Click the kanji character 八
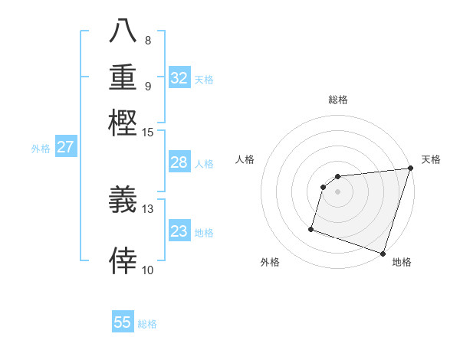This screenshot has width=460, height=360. click(x=123, y=31)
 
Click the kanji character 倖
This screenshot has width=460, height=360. click(x=123, y=261)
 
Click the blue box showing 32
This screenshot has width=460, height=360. click(x=179, y=78)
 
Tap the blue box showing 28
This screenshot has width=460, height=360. click(x=179, y=162)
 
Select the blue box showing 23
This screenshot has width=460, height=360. click(x=179, y=231)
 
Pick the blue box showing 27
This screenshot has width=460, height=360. click(x=65, y=147)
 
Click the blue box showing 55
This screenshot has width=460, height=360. click(x=123, y=322)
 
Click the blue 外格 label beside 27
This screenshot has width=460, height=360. click(x=41, y=149)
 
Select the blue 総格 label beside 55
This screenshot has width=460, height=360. click(x=147, y=324)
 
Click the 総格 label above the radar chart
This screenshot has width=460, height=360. click(x=338, y=100)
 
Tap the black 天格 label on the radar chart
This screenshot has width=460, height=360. click(x=431, y=159)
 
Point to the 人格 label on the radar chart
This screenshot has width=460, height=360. click(x=245, y=159)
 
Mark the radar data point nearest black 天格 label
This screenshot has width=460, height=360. click(x=410, y=169)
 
